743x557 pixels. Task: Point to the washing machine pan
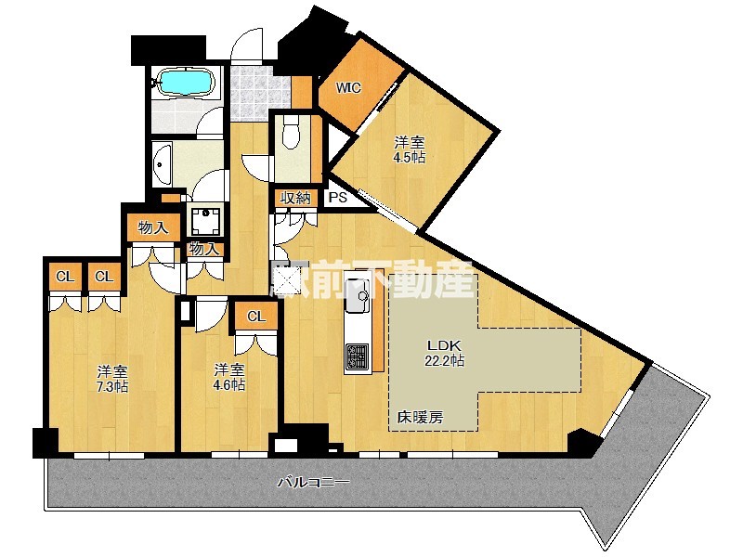coord(203,221)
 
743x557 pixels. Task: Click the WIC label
coord(348,89)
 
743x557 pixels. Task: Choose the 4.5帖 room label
coord(410,149)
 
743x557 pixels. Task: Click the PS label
coord(336,198)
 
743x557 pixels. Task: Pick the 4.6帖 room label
coord(228,376)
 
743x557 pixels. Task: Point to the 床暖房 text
coord(420,418)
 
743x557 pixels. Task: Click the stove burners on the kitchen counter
coord(358,356)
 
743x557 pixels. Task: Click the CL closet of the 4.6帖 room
coord(256,317)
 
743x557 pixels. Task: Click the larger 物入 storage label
coord(152,227)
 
